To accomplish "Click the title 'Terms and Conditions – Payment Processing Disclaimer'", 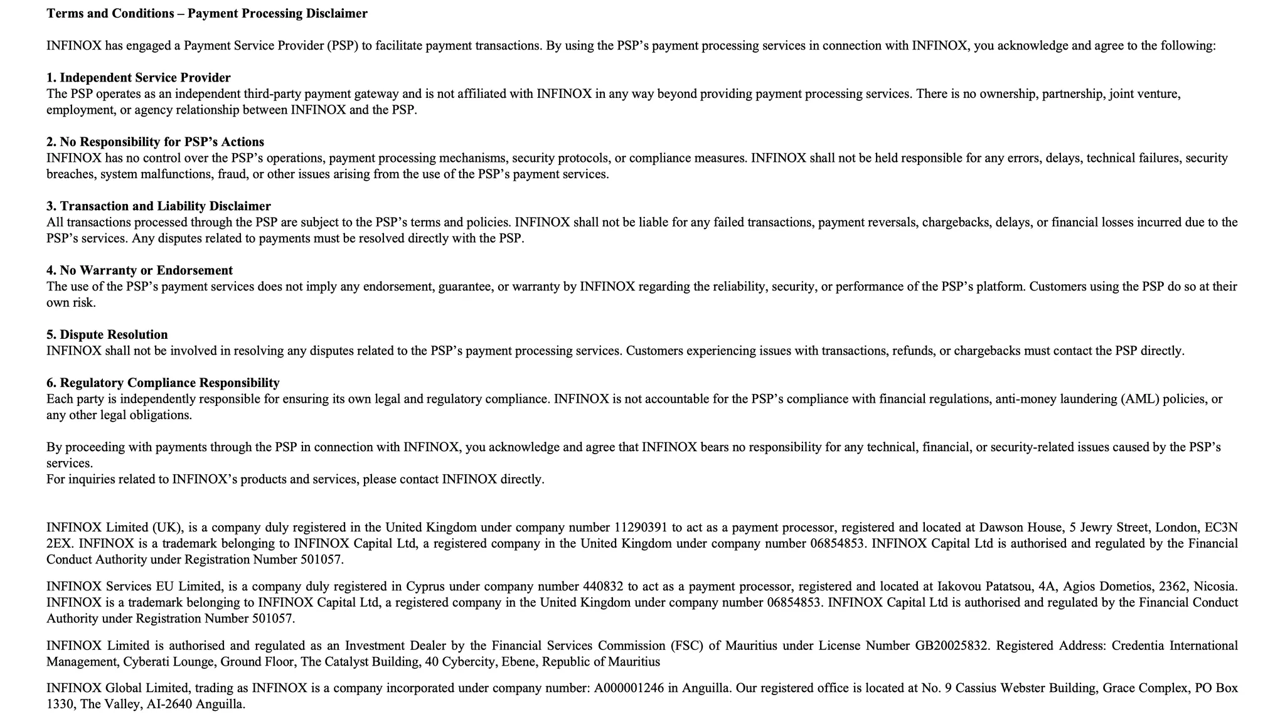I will [207, 14].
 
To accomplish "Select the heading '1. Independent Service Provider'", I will [139, 78].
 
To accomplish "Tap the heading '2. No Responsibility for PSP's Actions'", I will [155, 142].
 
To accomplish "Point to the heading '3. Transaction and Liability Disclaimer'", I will [159, 206].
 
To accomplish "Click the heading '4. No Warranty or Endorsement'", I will [139, 270].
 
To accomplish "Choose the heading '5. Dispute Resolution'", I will [107, 335].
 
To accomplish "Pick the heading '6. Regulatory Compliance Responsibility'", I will [163, 383].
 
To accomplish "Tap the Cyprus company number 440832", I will [603, 587].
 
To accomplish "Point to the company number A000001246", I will [629, 688].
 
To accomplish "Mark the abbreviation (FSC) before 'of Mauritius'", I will [688, 646].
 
